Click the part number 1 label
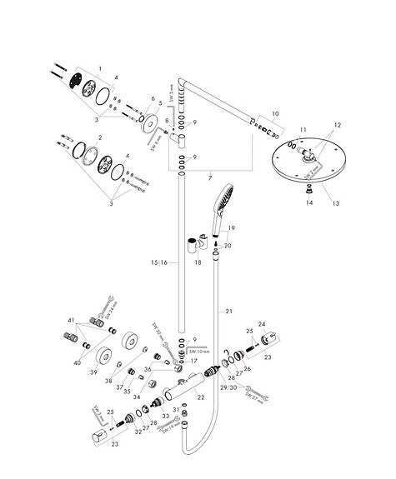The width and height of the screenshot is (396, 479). pos(99,67)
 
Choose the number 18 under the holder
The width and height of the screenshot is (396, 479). pos(198,262)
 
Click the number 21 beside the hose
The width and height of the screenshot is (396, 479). pos(228,311)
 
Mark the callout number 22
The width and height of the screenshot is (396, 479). pos(200,397)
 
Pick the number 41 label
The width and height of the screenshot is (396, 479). pos(72,320)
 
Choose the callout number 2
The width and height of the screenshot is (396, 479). pos(99,138)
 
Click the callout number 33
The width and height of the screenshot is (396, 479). pos(166,415)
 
